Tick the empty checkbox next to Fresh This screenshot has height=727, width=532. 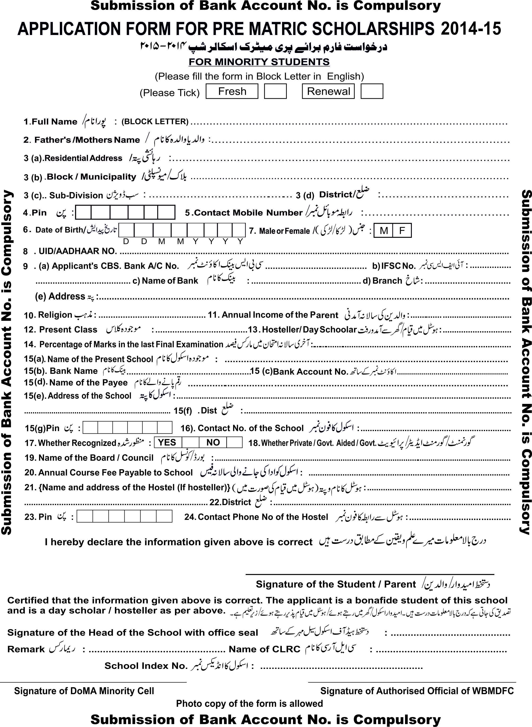pos(275,91)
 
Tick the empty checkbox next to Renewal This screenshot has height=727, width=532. pos(372,91)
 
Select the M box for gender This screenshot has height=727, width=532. pos(383,230)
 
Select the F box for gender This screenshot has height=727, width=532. pos(402,230)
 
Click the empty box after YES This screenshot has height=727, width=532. pos(190,442)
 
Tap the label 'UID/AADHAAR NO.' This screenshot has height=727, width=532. pos(78,251)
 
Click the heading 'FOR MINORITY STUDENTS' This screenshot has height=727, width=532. pos(259,61)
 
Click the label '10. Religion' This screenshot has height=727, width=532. pos(48,315)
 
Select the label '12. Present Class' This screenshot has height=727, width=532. pos(61,329)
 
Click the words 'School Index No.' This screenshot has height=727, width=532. pos(146,666)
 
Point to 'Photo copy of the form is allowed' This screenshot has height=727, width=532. pos(249,704)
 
